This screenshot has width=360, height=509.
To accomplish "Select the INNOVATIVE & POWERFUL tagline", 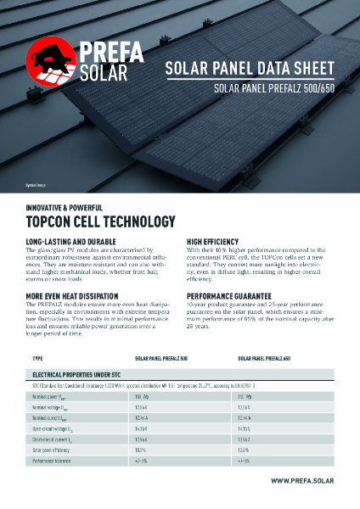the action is coord(65,207).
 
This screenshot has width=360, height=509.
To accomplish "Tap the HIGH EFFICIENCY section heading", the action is coord(213,242).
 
